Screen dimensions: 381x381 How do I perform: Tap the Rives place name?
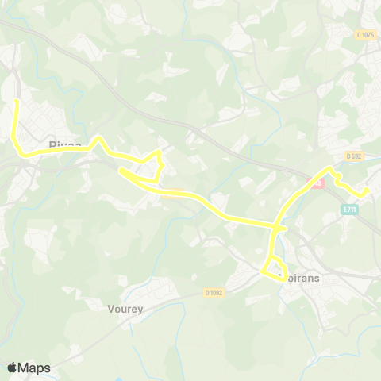pos(63,144)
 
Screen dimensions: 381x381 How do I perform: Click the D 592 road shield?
pos(353,156)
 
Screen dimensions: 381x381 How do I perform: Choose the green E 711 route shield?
pos(349,209)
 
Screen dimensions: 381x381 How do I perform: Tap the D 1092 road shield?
pos(210,292)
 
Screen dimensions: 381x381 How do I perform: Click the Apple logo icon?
pos(13,368)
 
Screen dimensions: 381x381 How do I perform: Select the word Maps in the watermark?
pos(35,368)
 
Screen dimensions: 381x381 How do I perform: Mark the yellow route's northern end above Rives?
pos(17,102)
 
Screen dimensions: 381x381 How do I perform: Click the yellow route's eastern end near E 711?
pos(367,189)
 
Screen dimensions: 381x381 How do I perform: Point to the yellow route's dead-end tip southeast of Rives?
pos(121,169)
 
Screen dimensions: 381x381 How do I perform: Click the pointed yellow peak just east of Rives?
pos(98,137)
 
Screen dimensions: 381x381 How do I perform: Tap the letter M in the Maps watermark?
pos(25,368)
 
